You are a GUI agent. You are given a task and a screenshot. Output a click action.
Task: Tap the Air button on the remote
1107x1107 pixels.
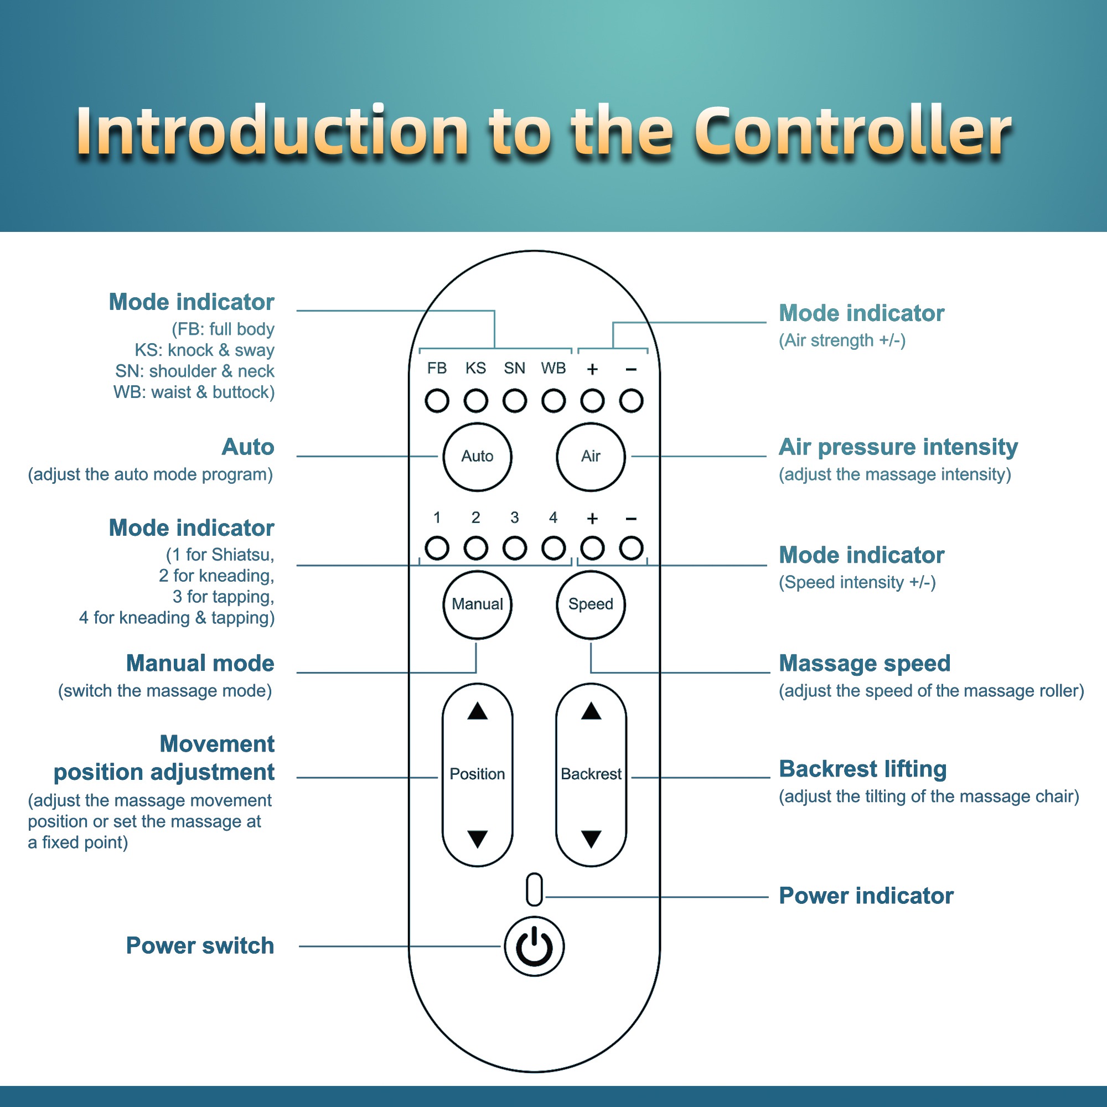coord(591,457)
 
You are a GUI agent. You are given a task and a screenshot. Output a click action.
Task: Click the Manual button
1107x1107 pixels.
coord(477,604)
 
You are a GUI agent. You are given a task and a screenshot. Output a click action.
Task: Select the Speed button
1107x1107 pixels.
coord(591,604)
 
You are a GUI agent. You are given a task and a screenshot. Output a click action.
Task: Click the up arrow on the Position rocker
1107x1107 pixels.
coord(477,712)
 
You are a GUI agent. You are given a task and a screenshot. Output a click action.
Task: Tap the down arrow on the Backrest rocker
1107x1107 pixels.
coord(591,839)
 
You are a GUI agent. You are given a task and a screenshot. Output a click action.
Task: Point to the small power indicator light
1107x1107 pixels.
coord(534,890)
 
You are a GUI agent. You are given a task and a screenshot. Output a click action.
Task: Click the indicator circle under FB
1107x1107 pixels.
coord(437,401)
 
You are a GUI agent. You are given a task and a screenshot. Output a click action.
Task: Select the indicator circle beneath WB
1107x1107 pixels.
coord(553,401)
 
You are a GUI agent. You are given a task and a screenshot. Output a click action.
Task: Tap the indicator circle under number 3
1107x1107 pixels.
coord(515,549)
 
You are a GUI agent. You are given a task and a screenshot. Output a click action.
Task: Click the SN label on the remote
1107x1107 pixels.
coord(515,369)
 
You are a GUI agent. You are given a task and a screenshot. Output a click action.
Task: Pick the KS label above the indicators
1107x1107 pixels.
coord(475,369)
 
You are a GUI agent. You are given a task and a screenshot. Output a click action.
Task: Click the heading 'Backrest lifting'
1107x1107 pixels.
coord(862,769)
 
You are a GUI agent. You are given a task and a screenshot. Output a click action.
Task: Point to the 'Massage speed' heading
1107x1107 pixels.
coord(864,664)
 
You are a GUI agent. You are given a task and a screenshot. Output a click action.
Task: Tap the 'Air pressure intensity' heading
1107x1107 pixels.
coord(898,447)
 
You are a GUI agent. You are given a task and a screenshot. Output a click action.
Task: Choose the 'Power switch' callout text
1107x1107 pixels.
coord(200,946)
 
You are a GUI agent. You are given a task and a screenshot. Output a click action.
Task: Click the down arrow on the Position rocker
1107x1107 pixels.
coord(477,839)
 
